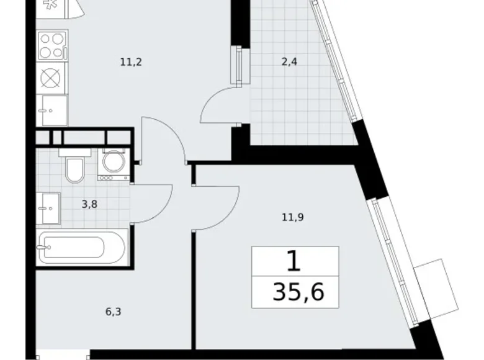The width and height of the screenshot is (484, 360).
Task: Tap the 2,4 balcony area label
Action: pyautogui.click(x=288, y=61)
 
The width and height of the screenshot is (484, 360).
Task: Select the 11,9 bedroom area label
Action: pyautogui.click(x=294, y=217)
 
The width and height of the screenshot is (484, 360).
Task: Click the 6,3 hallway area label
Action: pyautogui.click(x=112, y=311)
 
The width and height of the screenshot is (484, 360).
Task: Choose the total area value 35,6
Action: pyautogui.click(x=297, y=291)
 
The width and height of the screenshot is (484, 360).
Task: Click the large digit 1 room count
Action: pyautogui.click(x=295, y=261)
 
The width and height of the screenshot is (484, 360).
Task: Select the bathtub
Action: pyautogui.click(x=82, y=248)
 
